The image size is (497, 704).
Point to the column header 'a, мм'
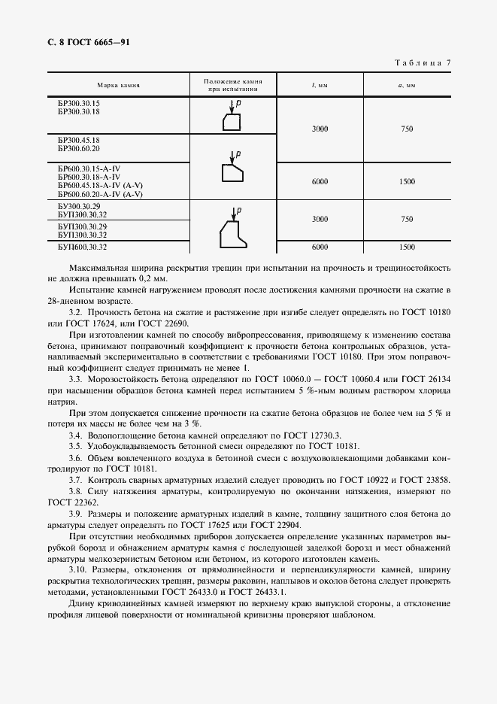407,85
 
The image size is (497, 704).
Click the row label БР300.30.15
79,103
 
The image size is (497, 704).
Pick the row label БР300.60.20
79,149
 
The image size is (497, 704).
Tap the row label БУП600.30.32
83,246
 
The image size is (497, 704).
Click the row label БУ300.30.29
79,205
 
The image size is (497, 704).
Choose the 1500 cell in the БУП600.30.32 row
407,247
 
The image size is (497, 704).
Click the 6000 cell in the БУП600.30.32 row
320,247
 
